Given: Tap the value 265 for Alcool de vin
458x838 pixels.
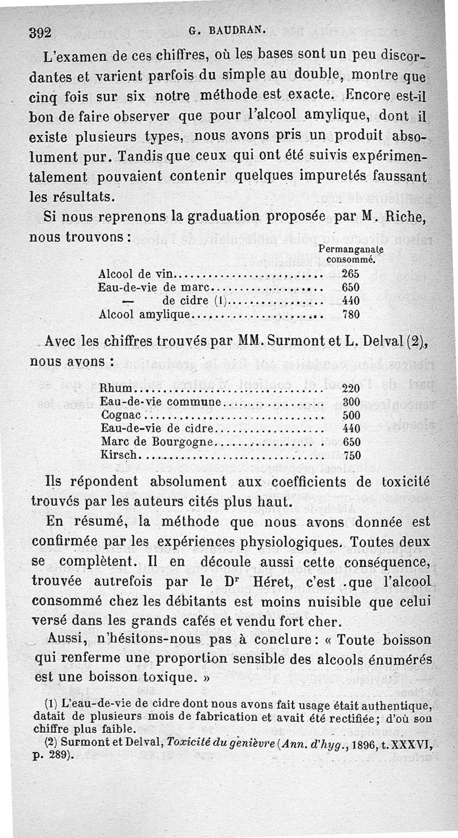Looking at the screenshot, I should pos(350,273).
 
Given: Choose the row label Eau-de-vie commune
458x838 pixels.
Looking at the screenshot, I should pos(160,402).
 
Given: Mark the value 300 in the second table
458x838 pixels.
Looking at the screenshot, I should pos(351,402).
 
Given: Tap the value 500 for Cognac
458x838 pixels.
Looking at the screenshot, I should pos(351,415).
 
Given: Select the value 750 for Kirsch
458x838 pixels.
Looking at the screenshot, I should pos(351,455).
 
